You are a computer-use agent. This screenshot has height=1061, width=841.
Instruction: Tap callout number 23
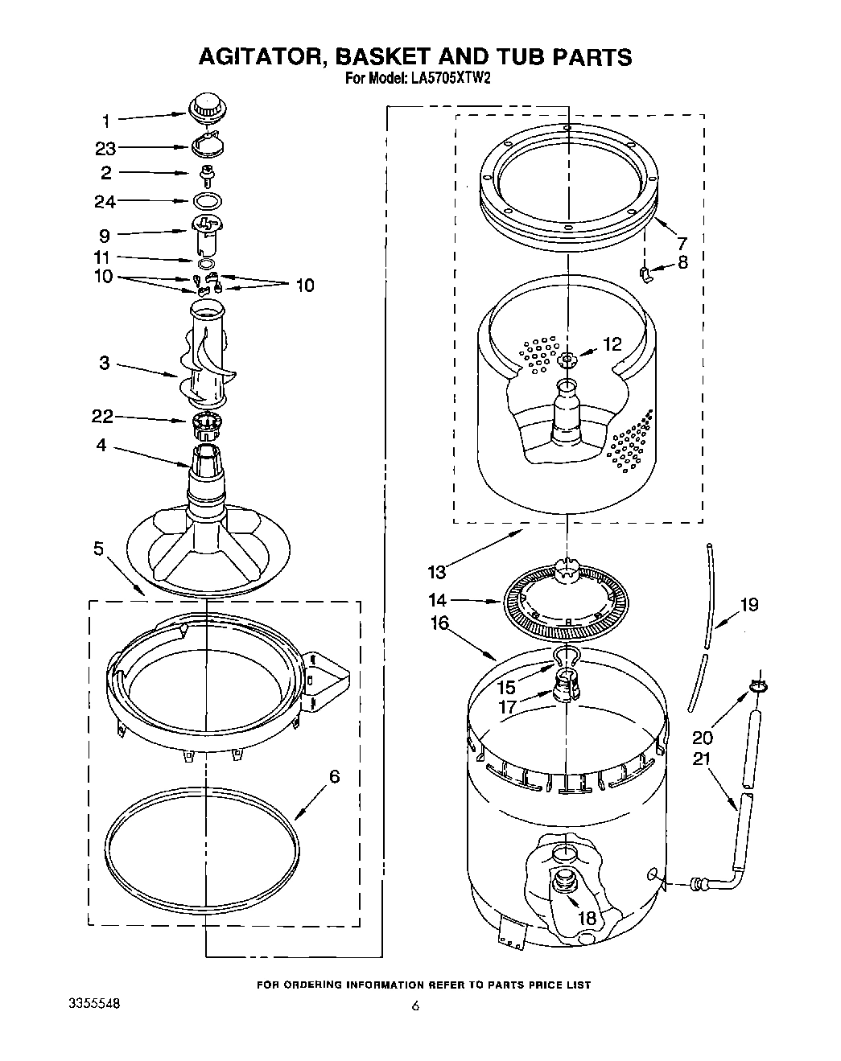(x=105, y=148)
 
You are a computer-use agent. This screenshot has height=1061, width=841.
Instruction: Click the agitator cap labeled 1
(x=207, y=107)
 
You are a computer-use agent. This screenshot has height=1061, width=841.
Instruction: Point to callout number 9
(x=105, y=236)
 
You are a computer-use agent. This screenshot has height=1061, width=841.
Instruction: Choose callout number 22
(x=102, y=417)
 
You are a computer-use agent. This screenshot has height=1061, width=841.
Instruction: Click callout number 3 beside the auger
(x=105, y=363)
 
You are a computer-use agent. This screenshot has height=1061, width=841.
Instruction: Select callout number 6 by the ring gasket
(x=334, y=776)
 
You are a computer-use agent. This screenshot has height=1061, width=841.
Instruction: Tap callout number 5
(x=98, y=549)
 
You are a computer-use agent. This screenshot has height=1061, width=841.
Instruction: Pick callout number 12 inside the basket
(x=612, y=343)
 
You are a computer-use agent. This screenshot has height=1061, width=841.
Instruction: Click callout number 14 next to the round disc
(x=437, y=600)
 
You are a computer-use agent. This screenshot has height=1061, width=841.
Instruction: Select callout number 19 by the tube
(x=748, y=604)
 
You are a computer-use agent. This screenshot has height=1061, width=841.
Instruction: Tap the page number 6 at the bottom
(x=415, y=1005)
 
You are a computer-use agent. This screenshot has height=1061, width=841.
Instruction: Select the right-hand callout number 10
(x=304, y=285)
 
